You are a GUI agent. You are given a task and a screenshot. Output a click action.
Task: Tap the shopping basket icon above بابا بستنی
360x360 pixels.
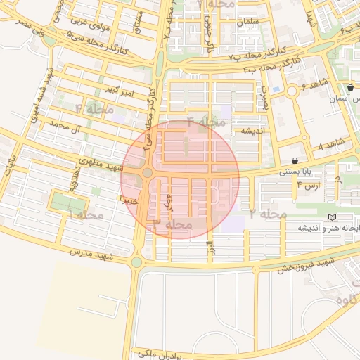pos(304,160)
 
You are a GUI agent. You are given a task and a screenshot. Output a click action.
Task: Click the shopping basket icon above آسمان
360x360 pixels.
pos(350,88)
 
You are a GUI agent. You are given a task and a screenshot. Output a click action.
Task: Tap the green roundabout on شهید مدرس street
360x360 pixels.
pos(136,262)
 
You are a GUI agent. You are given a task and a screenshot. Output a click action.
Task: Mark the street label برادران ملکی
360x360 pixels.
pos(164,353)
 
